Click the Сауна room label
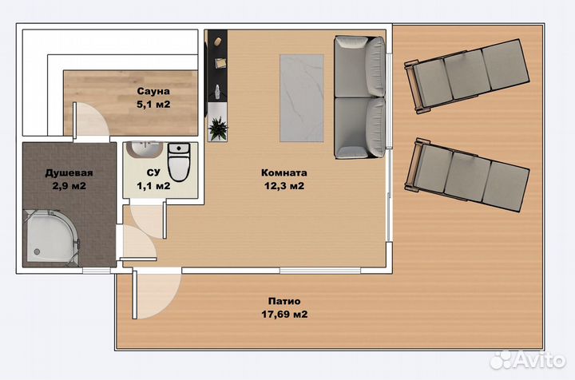click(153, 91)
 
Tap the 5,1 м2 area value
click(153, 105)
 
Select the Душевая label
click(69, 173)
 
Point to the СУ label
click(153, 172)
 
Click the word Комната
click(284, 172)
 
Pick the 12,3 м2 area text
click(284, 186)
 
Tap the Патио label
click(284, 301)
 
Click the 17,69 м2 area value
click(284, 315)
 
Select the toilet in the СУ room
click(179, 161)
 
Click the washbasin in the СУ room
click(144, 150)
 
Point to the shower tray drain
click(37, 251)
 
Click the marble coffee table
click(302, 98)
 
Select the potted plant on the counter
click(218, 128)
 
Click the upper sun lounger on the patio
click(467, 76)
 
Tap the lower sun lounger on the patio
click(467, 175)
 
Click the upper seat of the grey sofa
click(359, 67)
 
